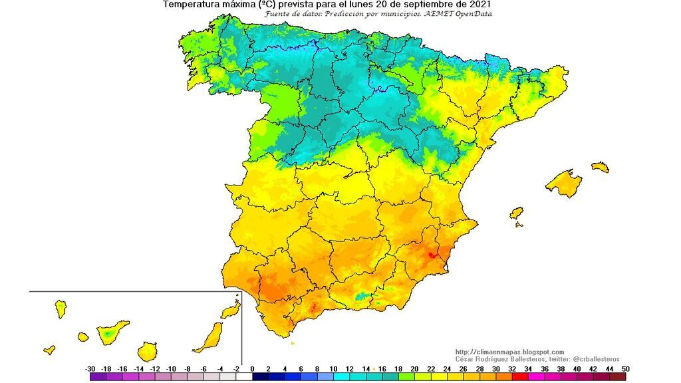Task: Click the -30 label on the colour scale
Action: pyautogui.click(x=90, y=368)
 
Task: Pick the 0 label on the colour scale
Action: pyautogui.click(x=253, y=368)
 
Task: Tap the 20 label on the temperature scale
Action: pyautogui.click(x=414, y=368)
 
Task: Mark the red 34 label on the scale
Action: pyautogui.click(x=528, y=368)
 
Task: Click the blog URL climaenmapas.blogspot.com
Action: pyautogui.click(x=509, y=352)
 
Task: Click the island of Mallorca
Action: pyautogui.click(x=564, y=184)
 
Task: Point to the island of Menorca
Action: pyautogui.click(x=601, y=166)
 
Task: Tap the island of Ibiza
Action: pyautogui.click(x=516, y=213)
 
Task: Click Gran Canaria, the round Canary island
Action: pyautogui.click(x=148, y=350)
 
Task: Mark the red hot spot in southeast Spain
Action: pyautogui.click(x=432, y=255)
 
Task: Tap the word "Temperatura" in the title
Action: pyautogui.click(x=188, y=5)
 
